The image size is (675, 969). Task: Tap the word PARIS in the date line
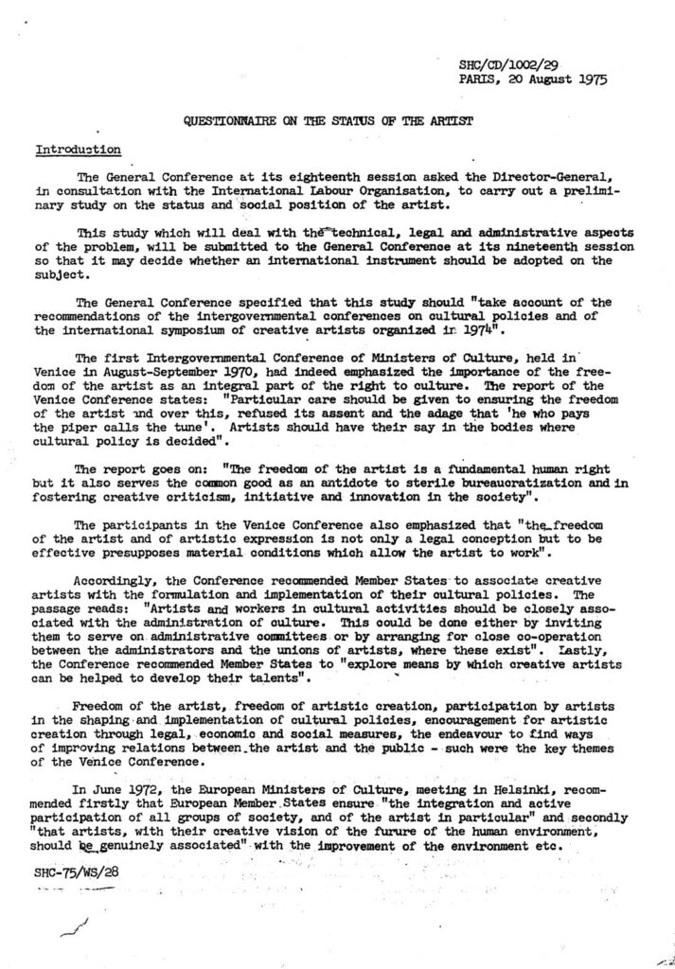tap(477, 79)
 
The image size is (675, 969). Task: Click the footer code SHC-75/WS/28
tap(73, 872)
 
